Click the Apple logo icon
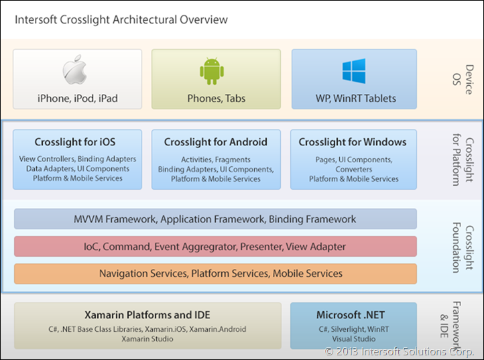tap(77, 72)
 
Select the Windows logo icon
tap(354, 71)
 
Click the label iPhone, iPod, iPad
tap(78, 99)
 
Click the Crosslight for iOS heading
tap(75, 142)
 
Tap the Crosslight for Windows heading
tap(353, 142)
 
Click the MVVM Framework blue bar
tap(215, 219)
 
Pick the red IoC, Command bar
tap(215, 247)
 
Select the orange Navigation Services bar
tap(215, 274)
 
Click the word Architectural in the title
tap(143, 19)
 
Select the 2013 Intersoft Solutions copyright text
tap(402, 351)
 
